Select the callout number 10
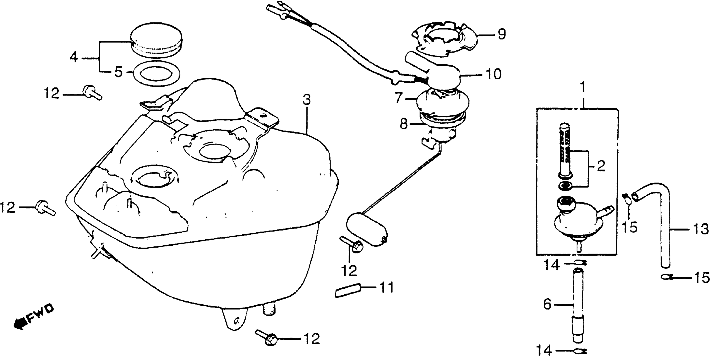click(493, 75)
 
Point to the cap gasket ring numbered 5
click(156, 73)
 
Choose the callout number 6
click(547, 305)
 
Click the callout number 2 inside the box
click(600, 167)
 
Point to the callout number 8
click(404, 124)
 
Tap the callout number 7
click(399, 98)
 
